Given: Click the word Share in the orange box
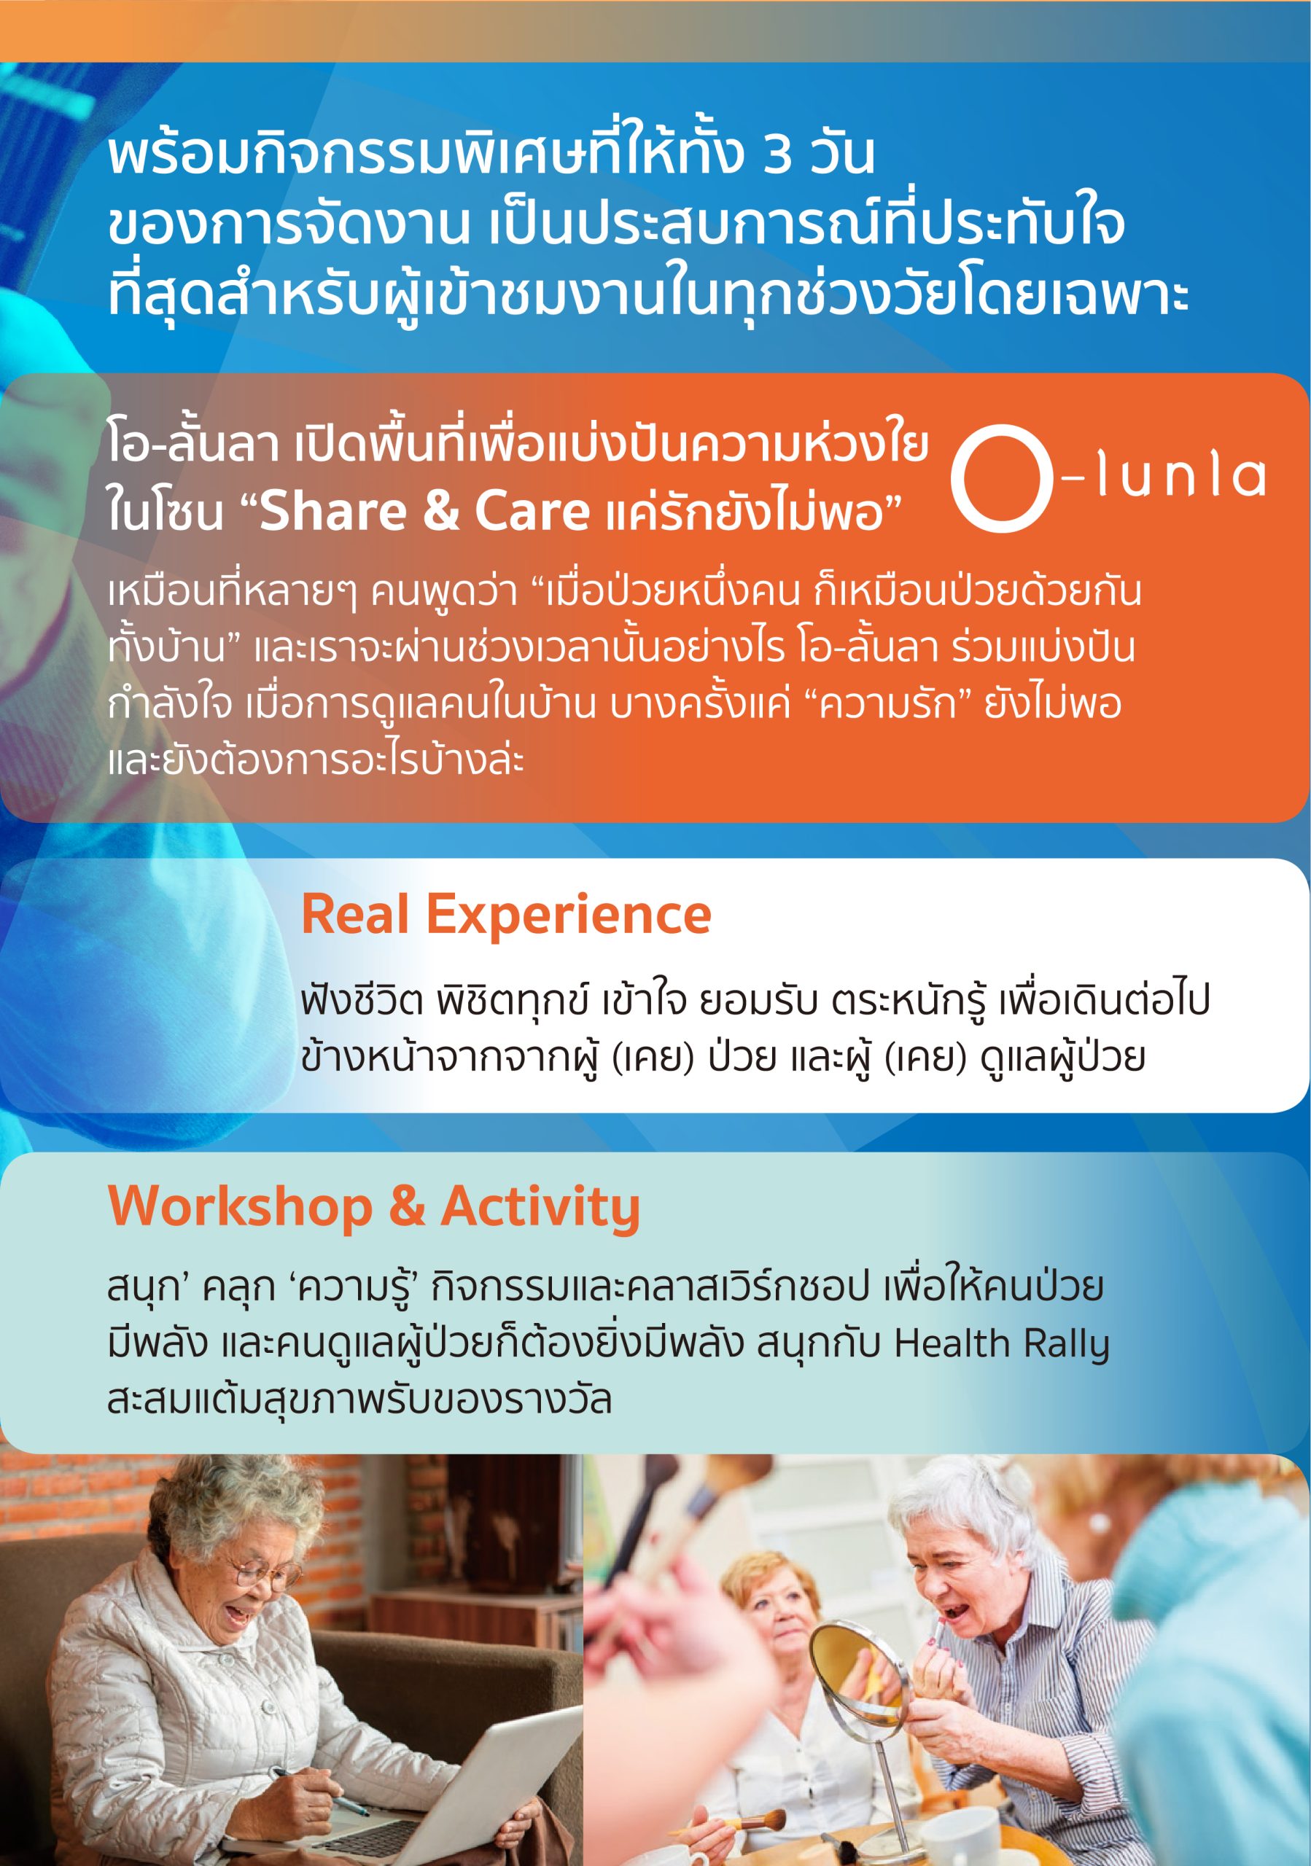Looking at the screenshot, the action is click(x=333, y=511).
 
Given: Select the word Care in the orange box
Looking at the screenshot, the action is click(x=532, y=511).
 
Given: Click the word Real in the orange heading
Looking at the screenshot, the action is click(x=355, y=914).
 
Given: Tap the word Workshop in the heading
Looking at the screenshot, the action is click(x=240, y=1207).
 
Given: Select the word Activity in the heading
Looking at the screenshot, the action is click(x=540, y=1207).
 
